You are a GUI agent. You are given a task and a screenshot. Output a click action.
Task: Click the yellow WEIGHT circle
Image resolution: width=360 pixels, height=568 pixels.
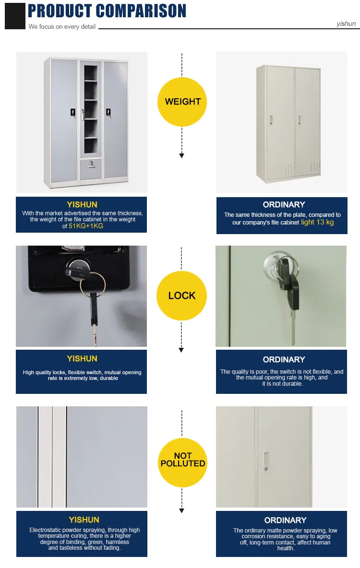coord(182,101)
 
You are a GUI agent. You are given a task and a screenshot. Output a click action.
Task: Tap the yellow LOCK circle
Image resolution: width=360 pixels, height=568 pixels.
coord(182,296)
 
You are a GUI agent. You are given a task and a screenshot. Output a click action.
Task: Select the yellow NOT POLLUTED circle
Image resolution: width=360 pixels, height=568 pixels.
coord(182,460)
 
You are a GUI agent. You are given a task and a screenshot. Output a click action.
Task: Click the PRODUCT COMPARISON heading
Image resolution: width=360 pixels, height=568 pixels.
coord(107,11)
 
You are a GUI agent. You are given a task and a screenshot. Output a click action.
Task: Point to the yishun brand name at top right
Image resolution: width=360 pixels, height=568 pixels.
coord(346,24)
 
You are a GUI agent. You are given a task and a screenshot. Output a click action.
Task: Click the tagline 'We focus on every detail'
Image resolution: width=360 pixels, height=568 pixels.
coord(62,26)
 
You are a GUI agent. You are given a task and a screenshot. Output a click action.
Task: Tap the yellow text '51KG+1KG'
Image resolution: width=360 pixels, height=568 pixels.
coord(86,226)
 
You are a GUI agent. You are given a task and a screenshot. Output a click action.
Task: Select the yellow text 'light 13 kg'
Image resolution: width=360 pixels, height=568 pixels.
coord(317,222)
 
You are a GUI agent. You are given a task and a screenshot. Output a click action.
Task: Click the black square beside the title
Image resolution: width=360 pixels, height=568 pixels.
coord(15,15)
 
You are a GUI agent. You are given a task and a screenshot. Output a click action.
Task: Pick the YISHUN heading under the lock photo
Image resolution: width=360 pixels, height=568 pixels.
coord(82,358)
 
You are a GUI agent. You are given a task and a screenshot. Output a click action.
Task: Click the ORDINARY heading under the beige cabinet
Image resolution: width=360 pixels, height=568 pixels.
coord(284,204)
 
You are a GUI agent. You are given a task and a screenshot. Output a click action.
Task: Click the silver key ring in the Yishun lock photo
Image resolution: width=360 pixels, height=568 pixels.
coord(93,283)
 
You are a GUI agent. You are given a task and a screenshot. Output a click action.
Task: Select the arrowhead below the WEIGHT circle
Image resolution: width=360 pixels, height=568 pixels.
coord(181,155)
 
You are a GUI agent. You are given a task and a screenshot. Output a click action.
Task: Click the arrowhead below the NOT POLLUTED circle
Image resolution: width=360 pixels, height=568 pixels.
coord(181,511)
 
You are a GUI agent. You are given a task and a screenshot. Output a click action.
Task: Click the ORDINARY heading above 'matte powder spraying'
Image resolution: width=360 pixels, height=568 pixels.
coord(285,520)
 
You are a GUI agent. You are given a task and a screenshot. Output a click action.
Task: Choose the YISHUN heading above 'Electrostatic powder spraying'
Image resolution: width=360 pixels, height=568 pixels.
coord(84,520)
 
